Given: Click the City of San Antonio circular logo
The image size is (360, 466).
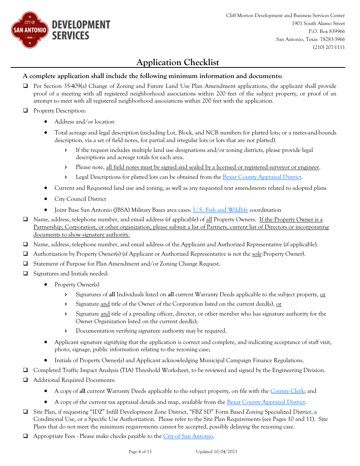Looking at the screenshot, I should coord(30,30).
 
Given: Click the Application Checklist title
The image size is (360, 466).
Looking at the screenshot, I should coord(177,63).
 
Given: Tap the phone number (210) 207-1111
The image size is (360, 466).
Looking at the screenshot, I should coord(329,47).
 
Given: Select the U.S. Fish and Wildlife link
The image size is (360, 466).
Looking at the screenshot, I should coord(221,210).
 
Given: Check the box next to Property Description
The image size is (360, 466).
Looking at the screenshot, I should coord(25,111).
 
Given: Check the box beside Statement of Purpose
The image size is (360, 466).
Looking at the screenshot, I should coord(25,264).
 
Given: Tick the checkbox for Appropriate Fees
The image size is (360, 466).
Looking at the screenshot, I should coord(25,436).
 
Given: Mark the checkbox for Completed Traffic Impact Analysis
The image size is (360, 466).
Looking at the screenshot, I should coord(25,370).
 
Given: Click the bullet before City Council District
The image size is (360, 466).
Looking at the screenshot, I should coord(46,199).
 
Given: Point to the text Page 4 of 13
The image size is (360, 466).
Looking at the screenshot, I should coord(140,452).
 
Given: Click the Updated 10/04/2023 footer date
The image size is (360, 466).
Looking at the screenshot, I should coord(216,452).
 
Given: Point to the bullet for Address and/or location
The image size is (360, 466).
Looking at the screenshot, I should coord(46,122).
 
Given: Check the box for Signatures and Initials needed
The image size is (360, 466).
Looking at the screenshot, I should coord(25,274).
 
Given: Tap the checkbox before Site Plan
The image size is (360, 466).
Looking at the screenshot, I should coord(25,412).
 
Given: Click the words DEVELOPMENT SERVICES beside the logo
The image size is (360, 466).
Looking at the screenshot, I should coord(81,30).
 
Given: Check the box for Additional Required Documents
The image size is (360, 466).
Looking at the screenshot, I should coord(25,380).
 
